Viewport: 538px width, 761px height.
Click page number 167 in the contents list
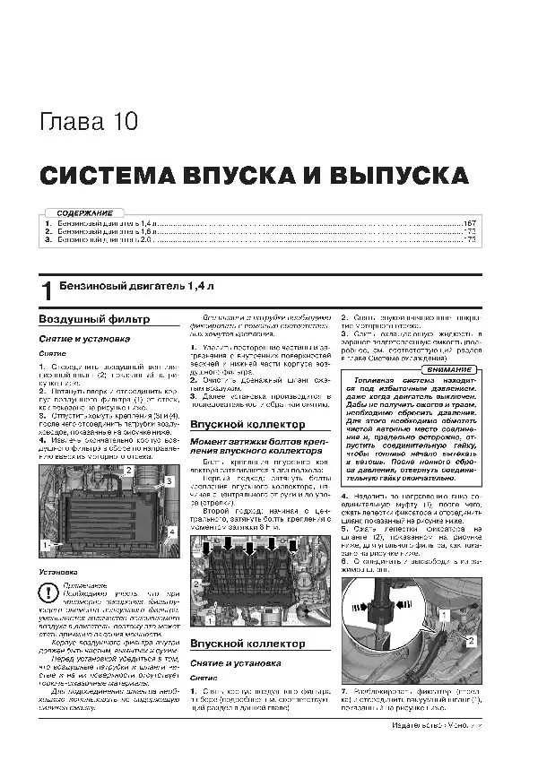[x=469, y=222]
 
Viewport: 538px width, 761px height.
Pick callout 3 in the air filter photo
[x=168, y=482]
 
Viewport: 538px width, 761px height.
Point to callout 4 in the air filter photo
[x=172, y=534]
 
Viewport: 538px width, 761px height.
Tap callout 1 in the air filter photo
[x=44, y=543]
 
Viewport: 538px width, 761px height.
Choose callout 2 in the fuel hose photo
[x=473, y=642]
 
